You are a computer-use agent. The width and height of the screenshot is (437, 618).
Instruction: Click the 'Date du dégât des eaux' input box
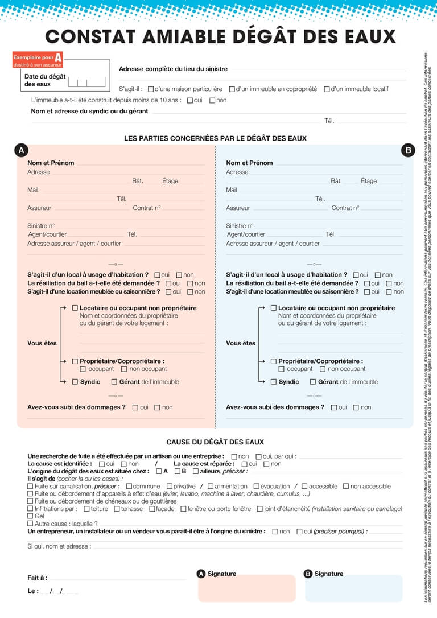coord(86,81)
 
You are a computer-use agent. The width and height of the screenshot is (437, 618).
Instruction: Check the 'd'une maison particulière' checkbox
coord(151,89)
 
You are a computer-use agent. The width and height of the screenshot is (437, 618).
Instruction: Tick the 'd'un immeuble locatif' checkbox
coord(327,89)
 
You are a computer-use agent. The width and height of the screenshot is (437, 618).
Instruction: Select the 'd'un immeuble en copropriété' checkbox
coord(232,89)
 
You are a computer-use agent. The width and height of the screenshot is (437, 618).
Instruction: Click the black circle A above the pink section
coord(20,150)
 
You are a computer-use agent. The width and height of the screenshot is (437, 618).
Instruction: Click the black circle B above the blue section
coord(408,150)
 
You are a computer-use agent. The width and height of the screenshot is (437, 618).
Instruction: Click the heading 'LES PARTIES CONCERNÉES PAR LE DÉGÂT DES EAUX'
coord(215,138)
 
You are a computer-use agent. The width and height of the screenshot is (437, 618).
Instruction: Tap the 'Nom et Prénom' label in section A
coord(51,163)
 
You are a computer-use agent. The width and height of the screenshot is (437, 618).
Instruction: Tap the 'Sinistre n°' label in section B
coord(239,226)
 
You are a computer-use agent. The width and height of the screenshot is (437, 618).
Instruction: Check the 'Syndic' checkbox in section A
coord(75,382)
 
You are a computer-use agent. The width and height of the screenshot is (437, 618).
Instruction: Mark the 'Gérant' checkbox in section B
coord(313,382)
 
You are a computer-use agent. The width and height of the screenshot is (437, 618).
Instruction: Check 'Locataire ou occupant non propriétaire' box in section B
coord(274,308)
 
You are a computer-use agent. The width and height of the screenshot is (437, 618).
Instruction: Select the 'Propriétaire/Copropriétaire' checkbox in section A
coord(75,361)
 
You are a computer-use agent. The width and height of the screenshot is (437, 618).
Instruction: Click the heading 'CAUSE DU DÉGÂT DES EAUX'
coord(215,442)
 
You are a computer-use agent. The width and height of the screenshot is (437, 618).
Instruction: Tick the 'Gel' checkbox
coord(30,516)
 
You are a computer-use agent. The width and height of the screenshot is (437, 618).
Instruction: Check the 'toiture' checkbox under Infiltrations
coord(86,509)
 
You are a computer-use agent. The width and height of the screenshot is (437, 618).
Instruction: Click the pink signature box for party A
coord(246,590)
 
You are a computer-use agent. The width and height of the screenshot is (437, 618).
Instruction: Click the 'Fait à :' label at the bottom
coord(38,578)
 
